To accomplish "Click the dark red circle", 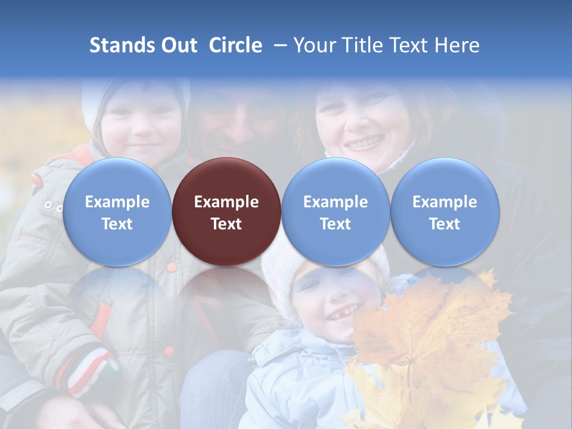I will click(x=226, y=212).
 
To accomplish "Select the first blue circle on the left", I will click(x=117, y=212).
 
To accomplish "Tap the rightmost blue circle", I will click(x=444, y=212).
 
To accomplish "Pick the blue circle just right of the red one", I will click(x=335, y=212).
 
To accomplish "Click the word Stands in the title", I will click(x=122, y=45).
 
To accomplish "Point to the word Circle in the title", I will click(x=235, y=45).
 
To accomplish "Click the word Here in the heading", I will click(x=458, y=45).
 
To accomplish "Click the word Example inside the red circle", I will click(x=226, y=202).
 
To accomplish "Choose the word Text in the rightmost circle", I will click(x=444, y=224).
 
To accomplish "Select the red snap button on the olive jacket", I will click(x=172, y=267).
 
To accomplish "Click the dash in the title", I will click(x=278, y=45).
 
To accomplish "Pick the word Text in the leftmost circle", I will click(x=117, y=224).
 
